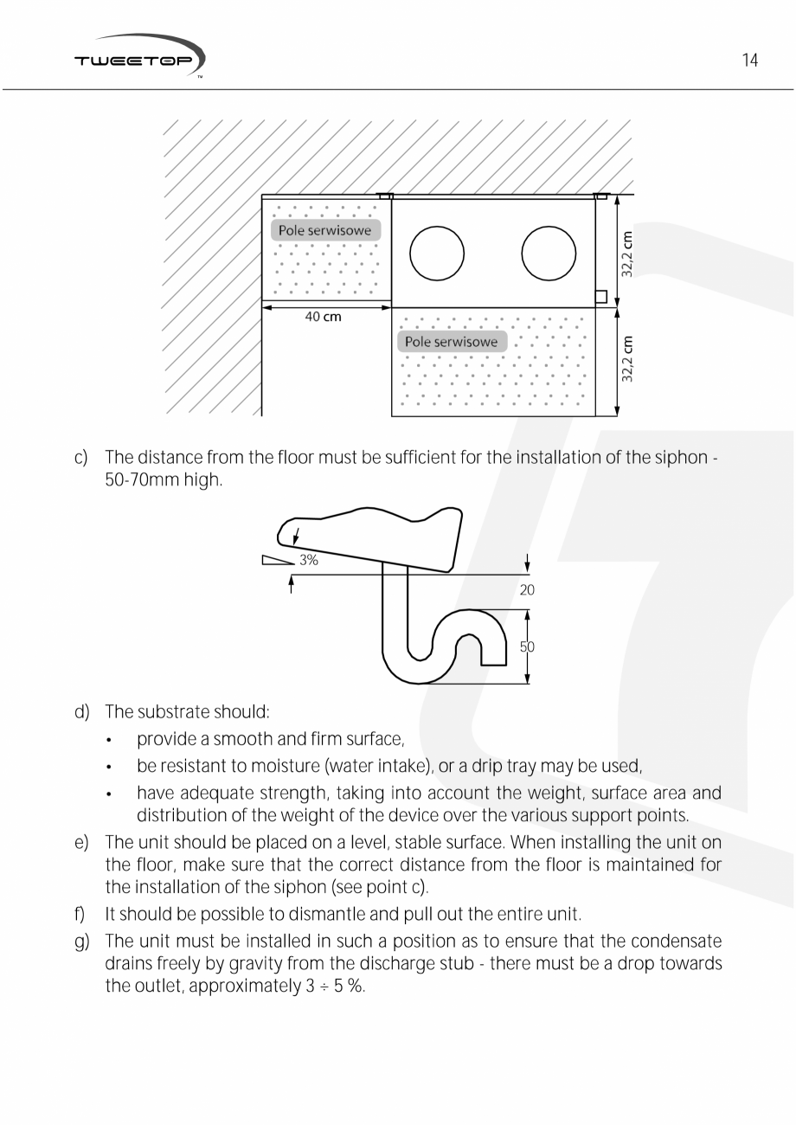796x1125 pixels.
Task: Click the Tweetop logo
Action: [x=138, y=58]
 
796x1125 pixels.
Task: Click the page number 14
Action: [x=749, y=60]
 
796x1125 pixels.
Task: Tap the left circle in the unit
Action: [x=436, y=253]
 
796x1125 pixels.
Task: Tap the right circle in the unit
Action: [x=549, y=253]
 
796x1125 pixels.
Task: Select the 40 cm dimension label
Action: [x=323, y=317]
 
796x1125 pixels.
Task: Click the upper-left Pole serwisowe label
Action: [x=324, y=230]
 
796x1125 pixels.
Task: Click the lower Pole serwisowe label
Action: [x=452, y=342]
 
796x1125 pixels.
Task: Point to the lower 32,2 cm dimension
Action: [x=627, y=359]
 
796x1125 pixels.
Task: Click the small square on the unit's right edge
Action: [x=600, y=297]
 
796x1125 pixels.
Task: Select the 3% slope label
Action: [x=309, y=560]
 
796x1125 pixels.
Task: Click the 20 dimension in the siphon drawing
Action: [x=527, y=590]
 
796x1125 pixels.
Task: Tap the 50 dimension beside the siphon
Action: [x=527, y=646]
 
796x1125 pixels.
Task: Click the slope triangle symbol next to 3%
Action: [x=278, y=560]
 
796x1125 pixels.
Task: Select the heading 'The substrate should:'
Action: [x=187, y=712]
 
